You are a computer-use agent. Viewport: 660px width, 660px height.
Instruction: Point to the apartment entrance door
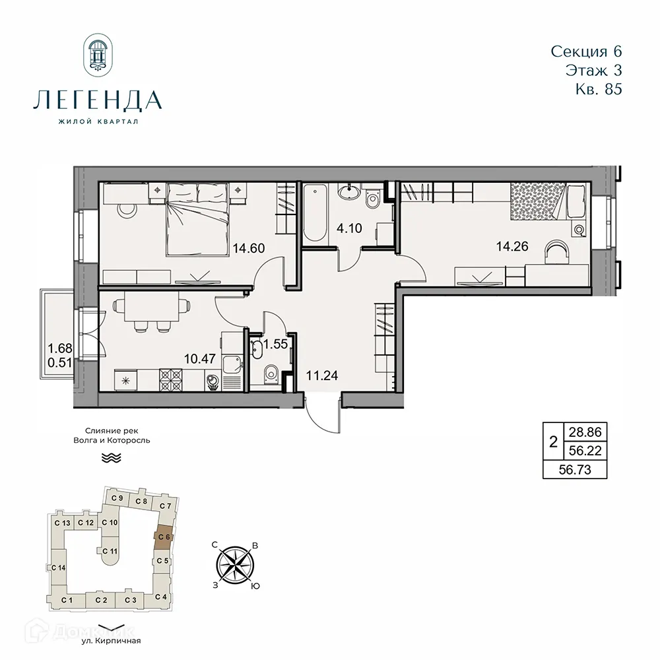pos(323,409)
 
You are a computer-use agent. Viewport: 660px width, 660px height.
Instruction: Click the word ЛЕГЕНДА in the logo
pos(96,100)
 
